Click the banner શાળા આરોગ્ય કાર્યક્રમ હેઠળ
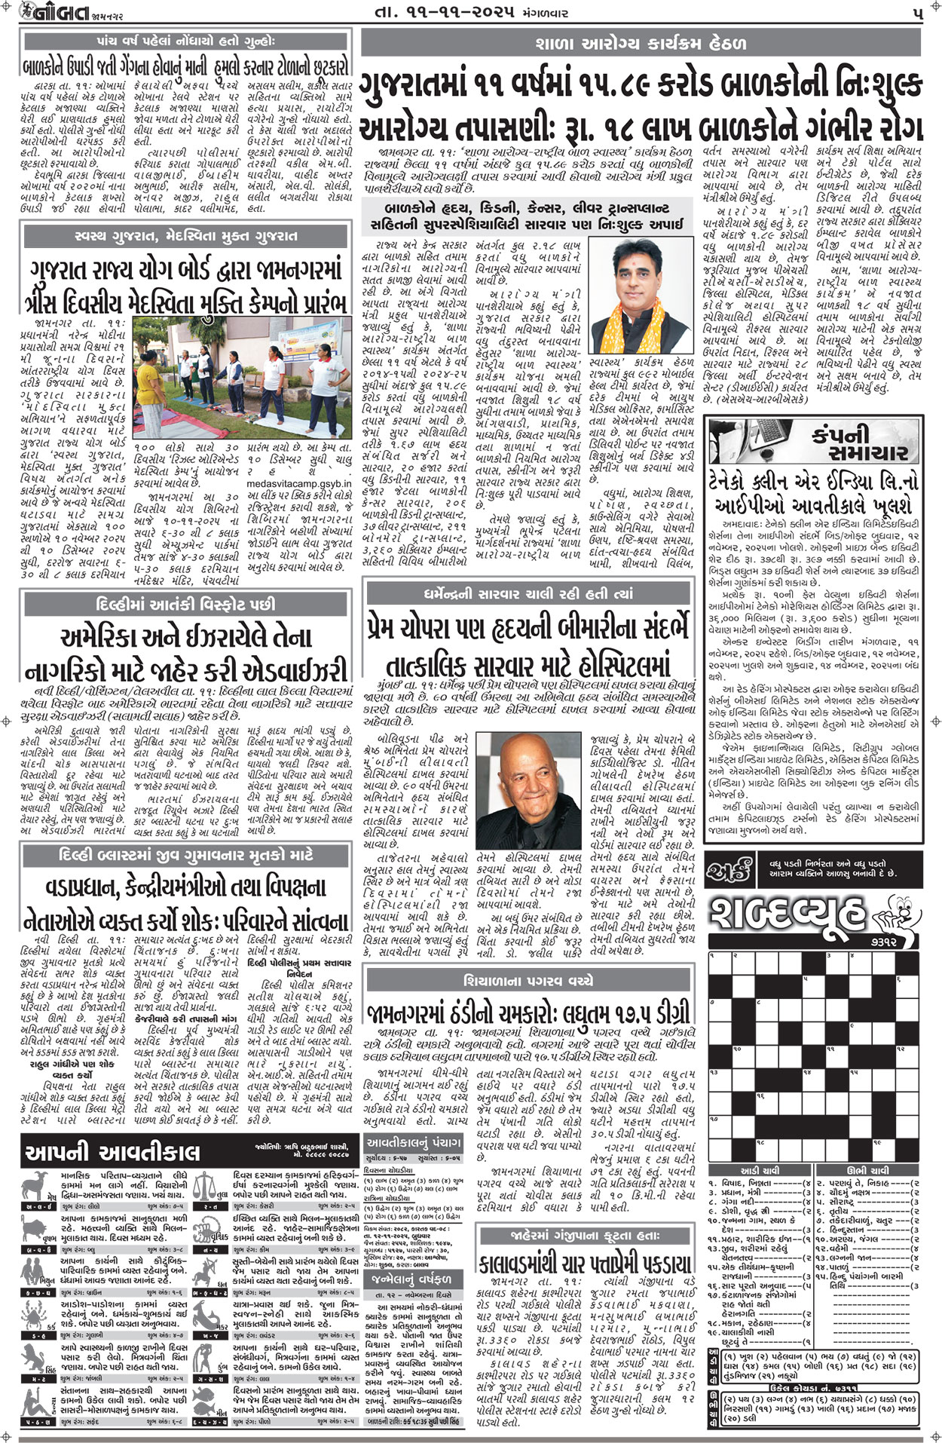click(641, 43)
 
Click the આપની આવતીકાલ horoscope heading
click(113, 1153)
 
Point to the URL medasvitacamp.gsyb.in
click(298, 485)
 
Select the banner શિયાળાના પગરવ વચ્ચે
click(528, 981)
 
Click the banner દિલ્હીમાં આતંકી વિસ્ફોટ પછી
click(186, 605)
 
